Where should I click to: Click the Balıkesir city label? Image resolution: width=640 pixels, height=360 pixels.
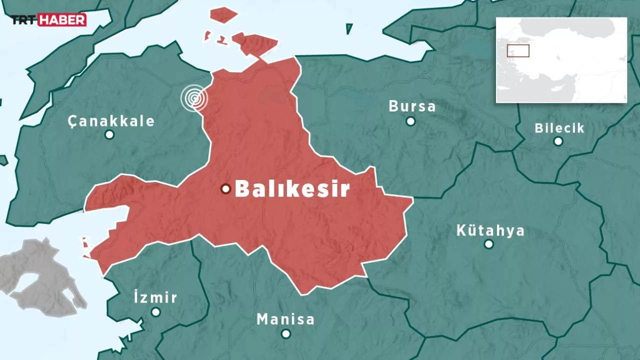(291, 189)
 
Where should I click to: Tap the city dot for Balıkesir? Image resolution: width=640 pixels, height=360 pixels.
(225, 188)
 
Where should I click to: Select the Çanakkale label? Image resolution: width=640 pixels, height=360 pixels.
(111, 121)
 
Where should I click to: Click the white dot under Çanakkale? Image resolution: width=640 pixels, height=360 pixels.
(109, 134)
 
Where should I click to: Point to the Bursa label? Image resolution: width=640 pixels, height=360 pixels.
(412, 106)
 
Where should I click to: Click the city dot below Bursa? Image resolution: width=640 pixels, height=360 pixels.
(410, 121)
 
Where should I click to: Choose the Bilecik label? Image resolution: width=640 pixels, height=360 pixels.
(559, 127)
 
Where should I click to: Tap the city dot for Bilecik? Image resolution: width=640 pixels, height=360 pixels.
(558, 141)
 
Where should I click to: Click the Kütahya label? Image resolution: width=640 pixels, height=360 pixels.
(490, 230)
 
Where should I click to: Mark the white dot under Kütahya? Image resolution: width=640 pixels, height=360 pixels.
(489, 244)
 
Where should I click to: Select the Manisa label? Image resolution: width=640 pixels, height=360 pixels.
(285, 319)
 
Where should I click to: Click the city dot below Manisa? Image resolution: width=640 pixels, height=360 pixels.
(285, 333)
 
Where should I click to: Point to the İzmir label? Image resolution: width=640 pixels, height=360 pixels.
(155, 297)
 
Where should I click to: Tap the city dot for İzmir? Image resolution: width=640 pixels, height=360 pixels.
(155, 312)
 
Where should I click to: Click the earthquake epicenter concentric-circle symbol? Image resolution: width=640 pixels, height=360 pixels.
(194, 98)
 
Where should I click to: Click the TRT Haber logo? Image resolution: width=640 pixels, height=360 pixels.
(49, 20)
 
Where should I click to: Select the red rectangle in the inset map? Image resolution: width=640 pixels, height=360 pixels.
(518, 50)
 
